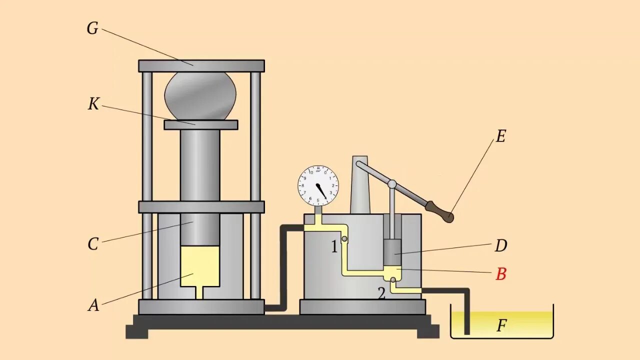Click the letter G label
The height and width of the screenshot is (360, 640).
(92, 29)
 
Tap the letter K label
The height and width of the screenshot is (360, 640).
(93, 104)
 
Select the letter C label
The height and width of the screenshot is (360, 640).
(93, 244)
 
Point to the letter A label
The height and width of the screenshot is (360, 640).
(93, 305)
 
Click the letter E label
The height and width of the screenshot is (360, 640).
(500, 136)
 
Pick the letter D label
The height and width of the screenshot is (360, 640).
(500, 245)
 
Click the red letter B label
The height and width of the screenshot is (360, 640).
(500, 274)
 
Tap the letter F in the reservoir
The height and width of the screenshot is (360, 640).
(501, 326)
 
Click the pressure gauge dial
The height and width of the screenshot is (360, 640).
(318, 186)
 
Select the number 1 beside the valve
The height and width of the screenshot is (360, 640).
(334, 246)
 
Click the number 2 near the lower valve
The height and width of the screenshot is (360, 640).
(381, 293)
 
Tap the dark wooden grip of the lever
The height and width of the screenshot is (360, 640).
(439, 211)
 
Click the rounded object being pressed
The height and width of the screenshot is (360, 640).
(200, 95)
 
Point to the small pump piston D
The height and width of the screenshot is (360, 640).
(393, 252)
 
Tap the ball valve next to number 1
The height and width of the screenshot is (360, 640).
(344, 240)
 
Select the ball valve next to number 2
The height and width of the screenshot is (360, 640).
(393, 280)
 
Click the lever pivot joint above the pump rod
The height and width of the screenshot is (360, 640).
(392, 184)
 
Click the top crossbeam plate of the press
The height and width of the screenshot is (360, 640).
(201, 66)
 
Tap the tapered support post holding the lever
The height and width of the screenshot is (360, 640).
(359, 187)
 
